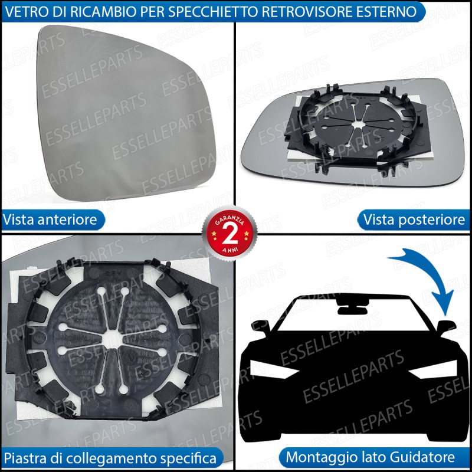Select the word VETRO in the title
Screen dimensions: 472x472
click(24, 12)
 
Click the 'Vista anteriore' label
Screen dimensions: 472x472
click(50, 219)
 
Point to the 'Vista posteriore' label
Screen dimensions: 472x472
click(414, 219)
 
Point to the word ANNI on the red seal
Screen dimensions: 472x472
click(230, 250)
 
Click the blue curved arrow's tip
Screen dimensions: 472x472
click(445, 315)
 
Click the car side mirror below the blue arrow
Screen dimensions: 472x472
click(446, 327)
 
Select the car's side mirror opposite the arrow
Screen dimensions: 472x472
click(261, 327)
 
